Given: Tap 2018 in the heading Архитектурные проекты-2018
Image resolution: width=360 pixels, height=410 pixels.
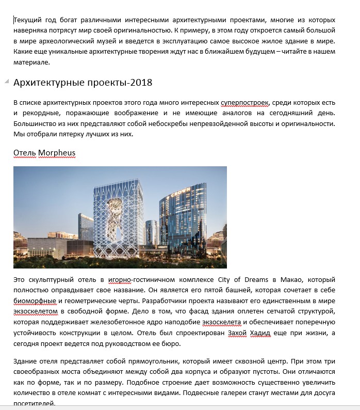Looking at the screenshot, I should click(142, 83).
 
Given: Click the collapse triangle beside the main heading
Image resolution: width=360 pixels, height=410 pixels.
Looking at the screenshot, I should click(6, 82).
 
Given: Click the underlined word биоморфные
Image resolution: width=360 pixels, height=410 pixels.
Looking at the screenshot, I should click(35, 301).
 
